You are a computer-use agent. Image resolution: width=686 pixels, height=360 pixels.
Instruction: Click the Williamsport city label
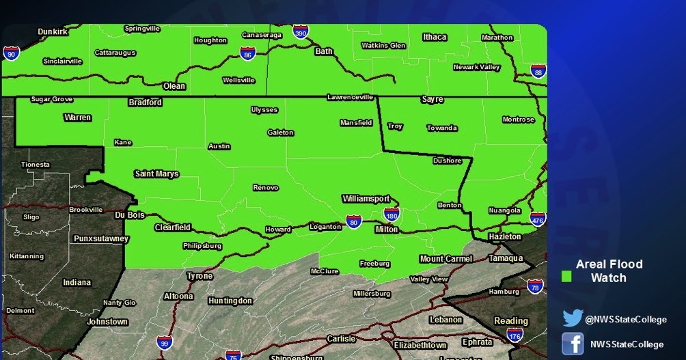[366, 199]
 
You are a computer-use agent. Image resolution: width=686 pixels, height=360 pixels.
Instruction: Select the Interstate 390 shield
[301, 31]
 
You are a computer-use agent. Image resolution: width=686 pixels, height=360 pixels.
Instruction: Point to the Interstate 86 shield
[248, 53]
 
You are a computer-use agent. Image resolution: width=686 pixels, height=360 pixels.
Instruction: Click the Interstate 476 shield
[537, 219]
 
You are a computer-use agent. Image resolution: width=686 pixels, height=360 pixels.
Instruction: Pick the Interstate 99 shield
[164, 342]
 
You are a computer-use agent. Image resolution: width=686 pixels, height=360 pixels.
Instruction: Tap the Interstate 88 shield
[538, 71]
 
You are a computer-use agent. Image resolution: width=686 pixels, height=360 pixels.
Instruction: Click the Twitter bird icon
[572, 319]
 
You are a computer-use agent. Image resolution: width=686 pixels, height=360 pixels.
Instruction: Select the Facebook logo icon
[572, 344]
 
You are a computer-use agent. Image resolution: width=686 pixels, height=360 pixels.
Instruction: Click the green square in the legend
[566, 277]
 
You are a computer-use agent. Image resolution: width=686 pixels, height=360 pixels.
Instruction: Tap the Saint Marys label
[156, 174]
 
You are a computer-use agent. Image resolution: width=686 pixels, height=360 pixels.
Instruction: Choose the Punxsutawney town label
[100, 238]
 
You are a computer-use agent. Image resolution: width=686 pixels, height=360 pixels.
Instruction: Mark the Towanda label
[442, 128]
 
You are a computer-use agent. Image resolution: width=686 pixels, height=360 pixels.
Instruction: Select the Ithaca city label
[435, 37]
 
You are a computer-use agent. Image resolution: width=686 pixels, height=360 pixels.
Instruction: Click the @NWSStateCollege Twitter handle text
[625, 319]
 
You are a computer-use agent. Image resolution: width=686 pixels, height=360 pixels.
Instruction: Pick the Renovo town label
[266, 187]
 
